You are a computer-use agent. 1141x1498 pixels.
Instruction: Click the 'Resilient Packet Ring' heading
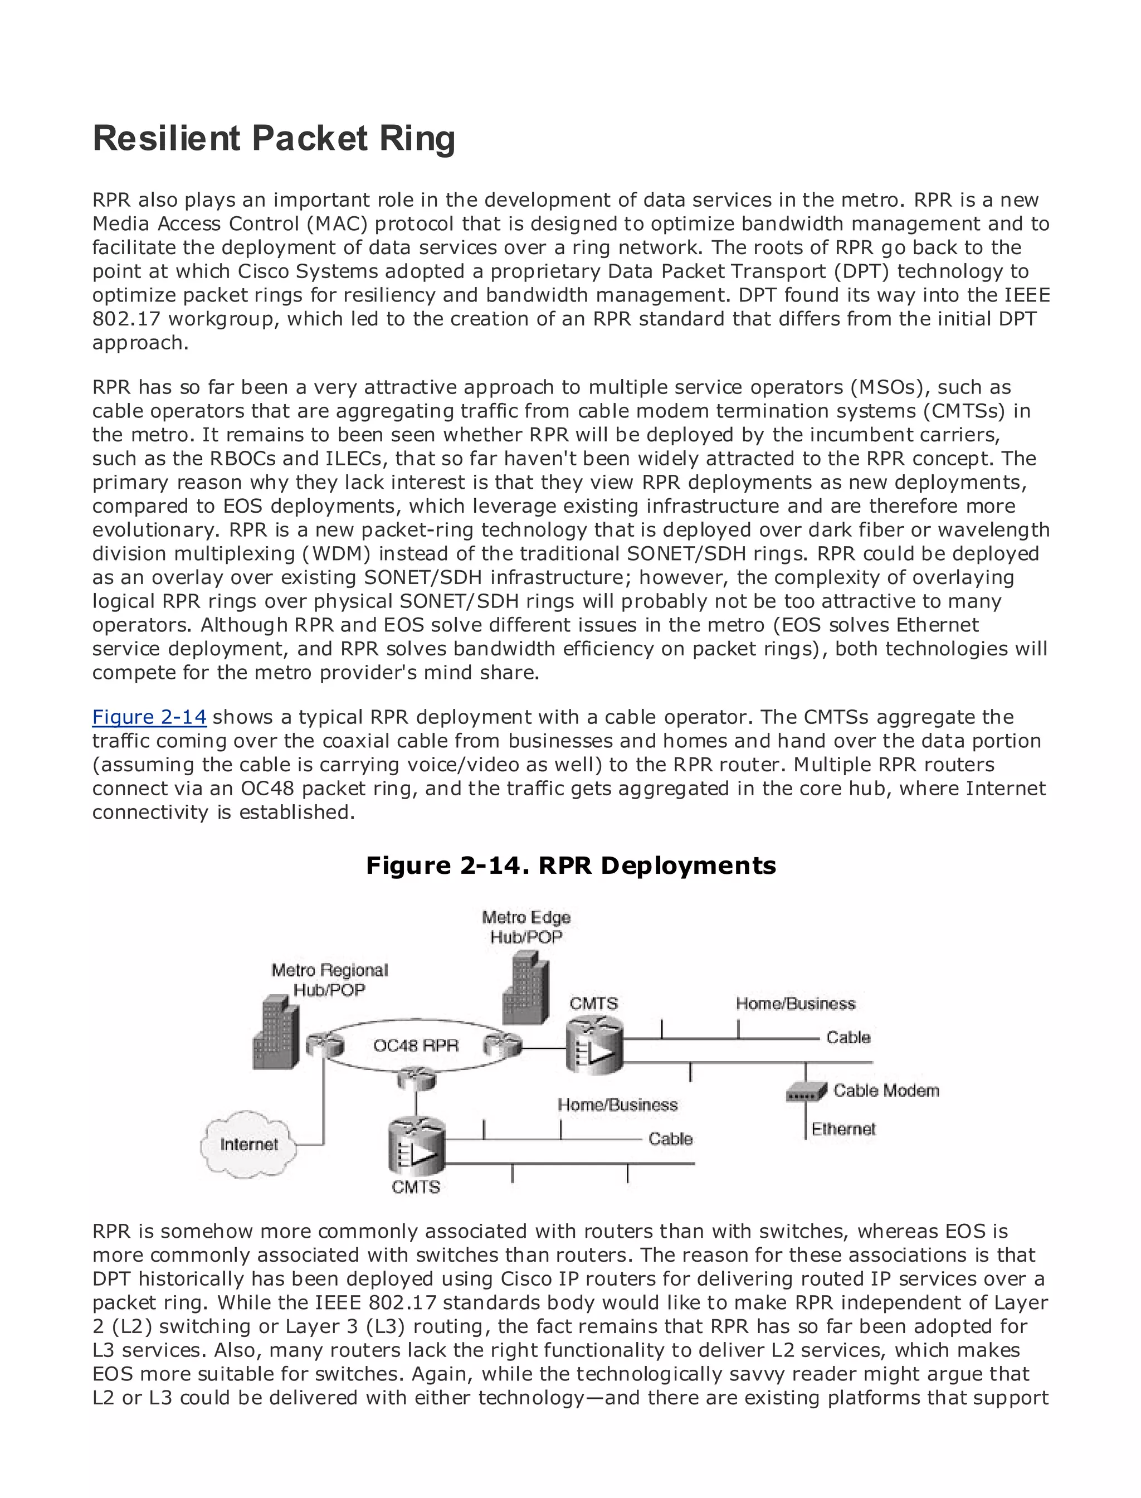point(273,139)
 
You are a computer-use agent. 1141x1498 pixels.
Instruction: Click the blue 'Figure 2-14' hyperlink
point(149,717)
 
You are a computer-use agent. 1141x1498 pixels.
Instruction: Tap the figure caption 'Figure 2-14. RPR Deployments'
point(570,865)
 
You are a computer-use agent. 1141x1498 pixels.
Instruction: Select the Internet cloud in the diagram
point(248,1144)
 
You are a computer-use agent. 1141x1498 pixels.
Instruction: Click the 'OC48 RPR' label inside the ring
point(416,1045)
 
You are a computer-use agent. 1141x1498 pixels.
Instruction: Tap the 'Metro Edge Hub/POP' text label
point(526,927)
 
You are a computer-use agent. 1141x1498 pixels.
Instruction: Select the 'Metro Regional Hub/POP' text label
point(329,980)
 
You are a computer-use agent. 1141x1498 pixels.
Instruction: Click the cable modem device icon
point(806,1092)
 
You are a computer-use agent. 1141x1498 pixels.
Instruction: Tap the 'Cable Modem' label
point(886,1091)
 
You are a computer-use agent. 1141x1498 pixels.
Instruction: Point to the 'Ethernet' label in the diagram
point(843,1129)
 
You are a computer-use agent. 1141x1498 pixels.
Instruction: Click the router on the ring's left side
point(320,1045)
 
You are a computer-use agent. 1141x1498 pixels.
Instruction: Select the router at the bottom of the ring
point(416,1077)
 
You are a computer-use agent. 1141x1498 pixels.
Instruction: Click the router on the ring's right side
point(503,1045)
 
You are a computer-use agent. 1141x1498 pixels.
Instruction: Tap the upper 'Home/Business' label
point(796,1004)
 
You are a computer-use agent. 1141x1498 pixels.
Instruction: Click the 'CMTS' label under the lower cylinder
point(416,1187)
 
